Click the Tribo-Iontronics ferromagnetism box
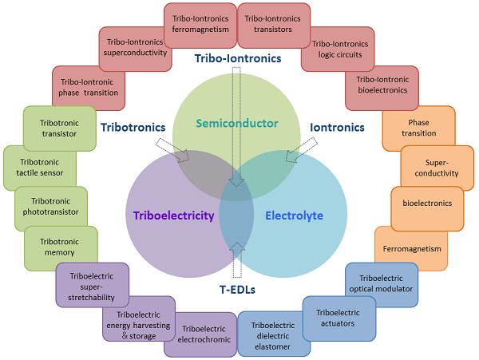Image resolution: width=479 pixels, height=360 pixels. [x=200, y=26]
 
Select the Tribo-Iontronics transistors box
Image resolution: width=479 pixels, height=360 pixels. [x=274, y=26]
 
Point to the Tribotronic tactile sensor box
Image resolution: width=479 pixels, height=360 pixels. [x=40, y=168]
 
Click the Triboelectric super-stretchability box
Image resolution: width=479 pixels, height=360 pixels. [x=93, y=285]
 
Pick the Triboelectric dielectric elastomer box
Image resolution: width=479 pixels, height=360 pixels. [x=273, y=334]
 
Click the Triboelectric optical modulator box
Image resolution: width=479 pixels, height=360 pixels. [x=382, y=285]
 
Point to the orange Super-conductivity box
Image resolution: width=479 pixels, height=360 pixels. [x=437, y=168]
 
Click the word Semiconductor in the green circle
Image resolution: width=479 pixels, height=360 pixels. [x=237, y=124]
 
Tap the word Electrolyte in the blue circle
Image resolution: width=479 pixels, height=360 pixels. [x=294, y=216]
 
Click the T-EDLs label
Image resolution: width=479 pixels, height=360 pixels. [x=237, y=290]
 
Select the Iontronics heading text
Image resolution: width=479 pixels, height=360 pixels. [x=337, y=128]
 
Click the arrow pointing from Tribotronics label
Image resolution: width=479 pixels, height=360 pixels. [x=173, y=150]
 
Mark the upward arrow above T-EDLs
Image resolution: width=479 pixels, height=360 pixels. [x=237, y=260]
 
